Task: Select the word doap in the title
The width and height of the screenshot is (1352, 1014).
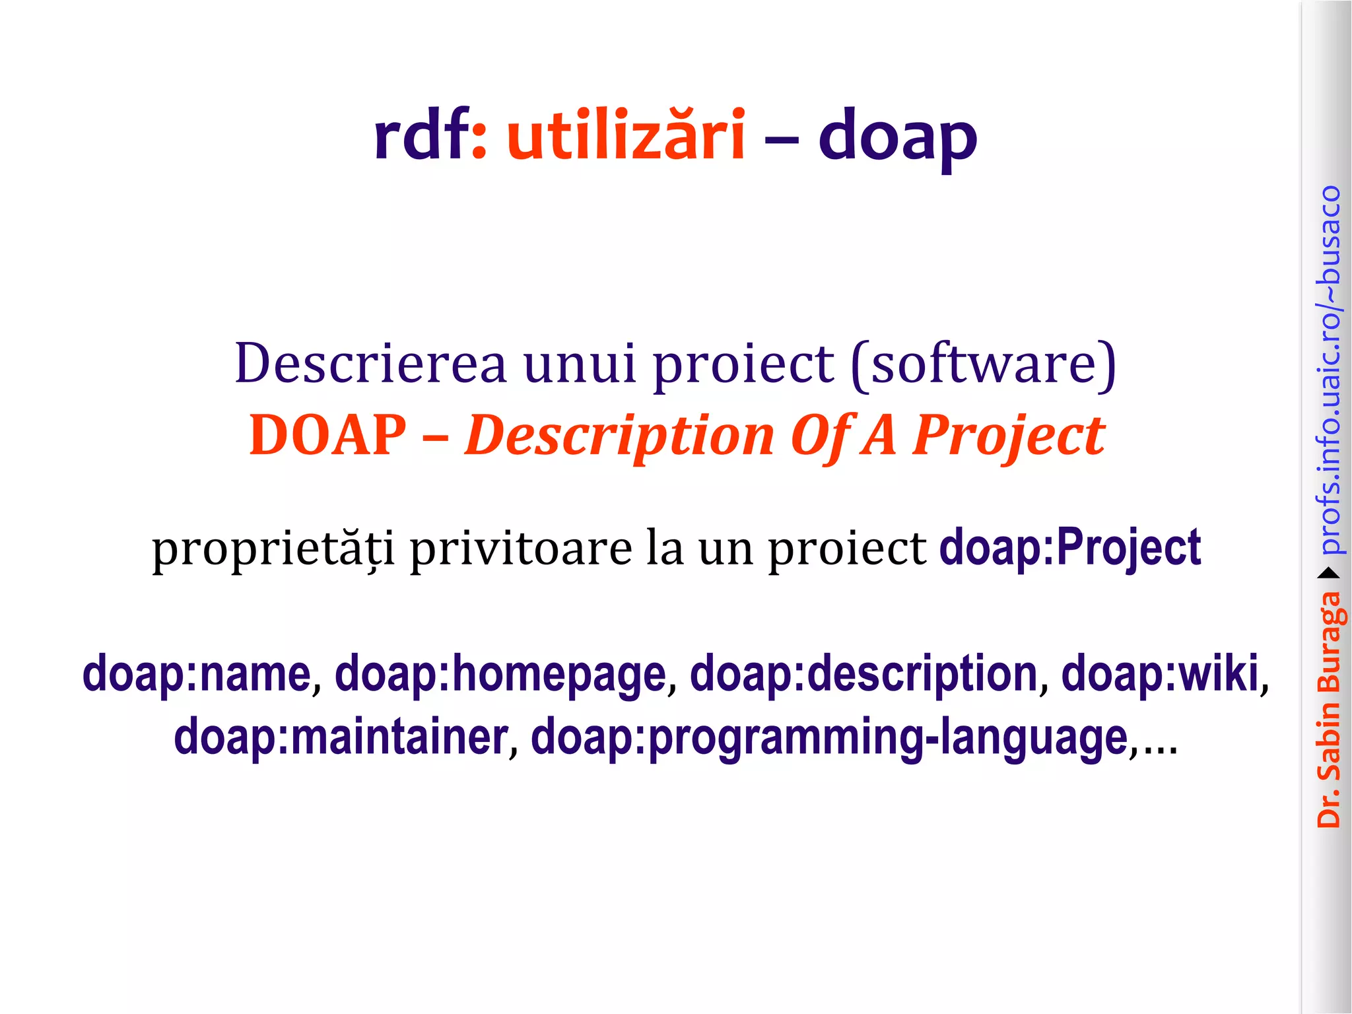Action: [x=897, y=139]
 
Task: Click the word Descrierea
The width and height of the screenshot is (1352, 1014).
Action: [x=370, y=364]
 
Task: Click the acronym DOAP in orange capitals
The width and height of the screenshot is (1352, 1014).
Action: [x=328, y=436]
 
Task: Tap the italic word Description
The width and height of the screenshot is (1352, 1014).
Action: [x=619, y=437]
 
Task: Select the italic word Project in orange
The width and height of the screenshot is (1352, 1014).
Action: [x=1008, y=437]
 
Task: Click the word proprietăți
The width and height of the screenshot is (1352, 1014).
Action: [x=273, y=550]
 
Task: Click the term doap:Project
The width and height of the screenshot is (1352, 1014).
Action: [x=1069, y=548]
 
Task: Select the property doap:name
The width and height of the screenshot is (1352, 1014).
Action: [x=197, y=674]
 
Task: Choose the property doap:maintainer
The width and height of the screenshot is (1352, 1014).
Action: [x=341, y=737]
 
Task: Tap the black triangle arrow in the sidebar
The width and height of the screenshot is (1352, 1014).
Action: [x=1329, y=572]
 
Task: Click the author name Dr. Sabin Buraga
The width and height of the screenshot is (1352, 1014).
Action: [x=1330, y=710]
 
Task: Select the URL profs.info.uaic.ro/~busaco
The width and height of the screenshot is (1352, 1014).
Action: [x=1330, y=370]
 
